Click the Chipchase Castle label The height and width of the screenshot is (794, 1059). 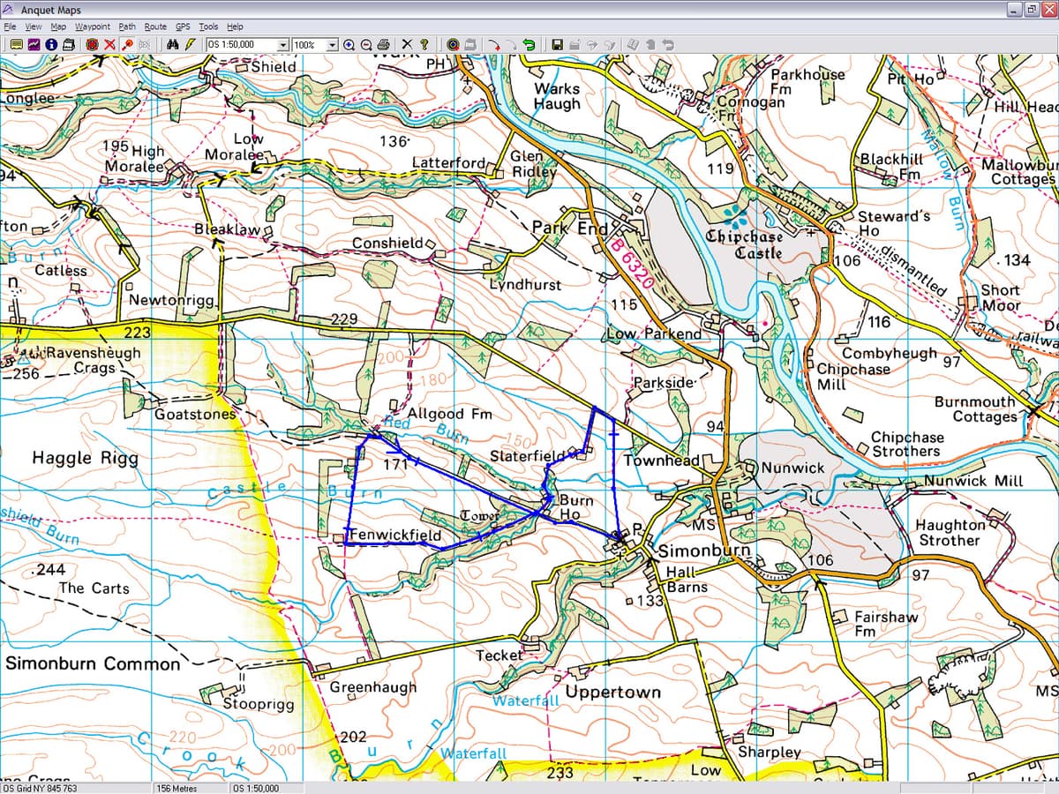point(744,244)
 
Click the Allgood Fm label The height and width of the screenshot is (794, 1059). point(449,413)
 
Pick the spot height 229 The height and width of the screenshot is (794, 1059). point(343,318)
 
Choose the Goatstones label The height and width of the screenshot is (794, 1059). point(195,414)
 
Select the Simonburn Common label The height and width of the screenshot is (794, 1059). point(93,663)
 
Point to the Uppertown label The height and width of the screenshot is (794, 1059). point(612,692)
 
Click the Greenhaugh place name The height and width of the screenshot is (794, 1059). point(372,686)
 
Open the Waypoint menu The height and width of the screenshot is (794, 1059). point(93,26)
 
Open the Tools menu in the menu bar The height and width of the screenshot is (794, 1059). point(208,26)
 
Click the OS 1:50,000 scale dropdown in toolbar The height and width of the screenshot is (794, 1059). point(247,44)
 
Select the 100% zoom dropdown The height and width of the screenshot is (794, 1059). point(315,44)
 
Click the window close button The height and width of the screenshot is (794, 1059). point(1048,9)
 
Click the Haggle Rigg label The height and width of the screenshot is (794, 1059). point(85,458)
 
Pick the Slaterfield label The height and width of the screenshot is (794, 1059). point(528,456)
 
